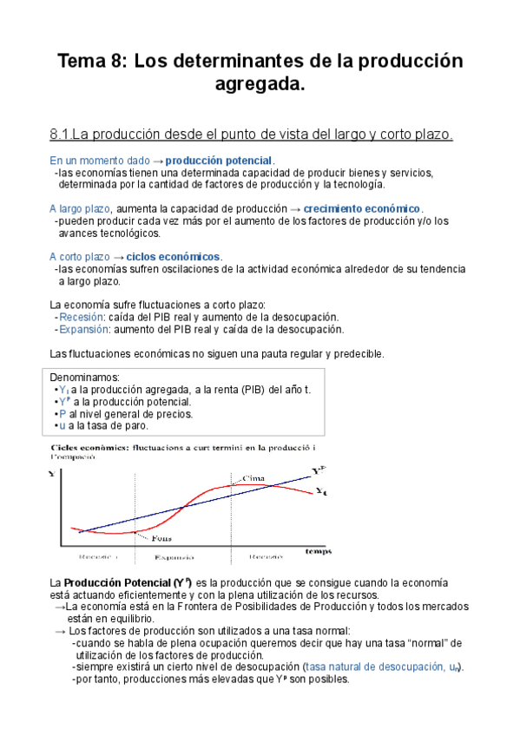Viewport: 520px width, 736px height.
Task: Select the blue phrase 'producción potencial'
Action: (x=219, y=161)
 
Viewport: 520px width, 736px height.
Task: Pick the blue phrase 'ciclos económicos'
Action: (x=174, y=257)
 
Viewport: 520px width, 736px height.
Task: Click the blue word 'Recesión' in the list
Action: (x=81, y=317)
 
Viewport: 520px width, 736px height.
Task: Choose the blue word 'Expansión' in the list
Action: (x=84, y=329)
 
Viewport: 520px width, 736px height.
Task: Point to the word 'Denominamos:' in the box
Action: (x=86, y=377)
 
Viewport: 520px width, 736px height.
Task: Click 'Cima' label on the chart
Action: (x=253, y=478)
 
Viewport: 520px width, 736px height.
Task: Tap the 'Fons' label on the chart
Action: (x=162, y=537)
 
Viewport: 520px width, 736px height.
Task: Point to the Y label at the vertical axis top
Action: (x=52, y=474)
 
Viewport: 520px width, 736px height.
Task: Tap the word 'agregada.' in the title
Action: (x=260, y=85)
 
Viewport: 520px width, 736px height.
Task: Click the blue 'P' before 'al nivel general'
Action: (x=62, y=414)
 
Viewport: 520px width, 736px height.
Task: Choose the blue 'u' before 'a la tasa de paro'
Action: (x=62, y=426)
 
